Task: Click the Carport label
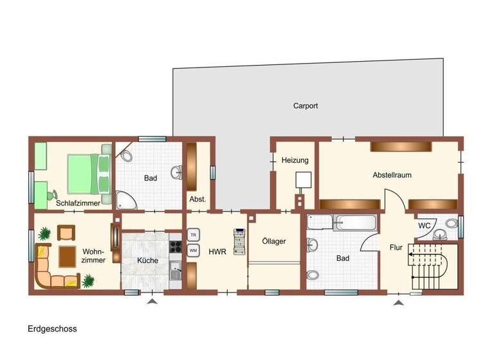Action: click(306, 106)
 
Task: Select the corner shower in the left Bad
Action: click(126, 200)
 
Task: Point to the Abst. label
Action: click(197, 199)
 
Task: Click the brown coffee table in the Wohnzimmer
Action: click(68, 256)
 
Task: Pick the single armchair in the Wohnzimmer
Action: click(66, 232)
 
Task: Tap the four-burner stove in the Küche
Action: click(176, 245)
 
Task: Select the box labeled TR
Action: click(193, 235)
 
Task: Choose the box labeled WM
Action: click(193, 251)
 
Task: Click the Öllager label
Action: click(274, 241)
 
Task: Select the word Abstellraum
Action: click(392, 175)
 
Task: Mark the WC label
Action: click(425, 226)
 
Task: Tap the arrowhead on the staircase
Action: click(410, 255)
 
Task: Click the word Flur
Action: click(396, 247)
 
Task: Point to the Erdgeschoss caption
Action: click(52, 328)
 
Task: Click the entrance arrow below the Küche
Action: click(152, 300)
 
